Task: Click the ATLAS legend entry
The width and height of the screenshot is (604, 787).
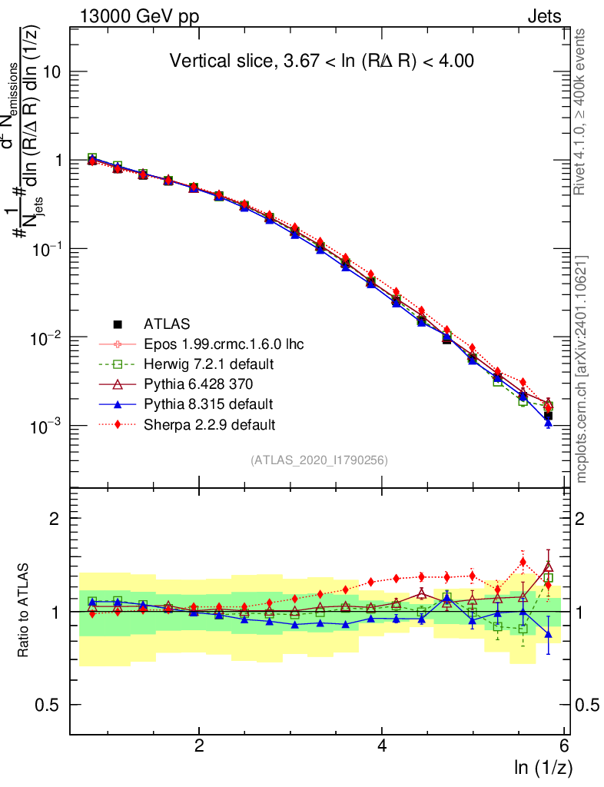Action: (x=167, y=324)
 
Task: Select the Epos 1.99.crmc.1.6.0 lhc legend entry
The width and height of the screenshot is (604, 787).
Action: (x=224, y=344)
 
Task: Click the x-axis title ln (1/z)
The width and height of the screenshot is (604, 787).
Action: (x=543, y=766)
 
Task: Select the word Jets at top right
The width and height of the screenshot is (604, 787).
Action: (x=544, y=17)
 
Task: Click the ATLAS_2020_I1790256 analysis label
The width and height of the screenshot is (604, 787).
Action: (x=318, y=460)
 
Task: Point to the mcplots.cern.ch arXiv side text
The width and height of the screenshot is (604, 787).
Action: (x=582, y=369)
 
